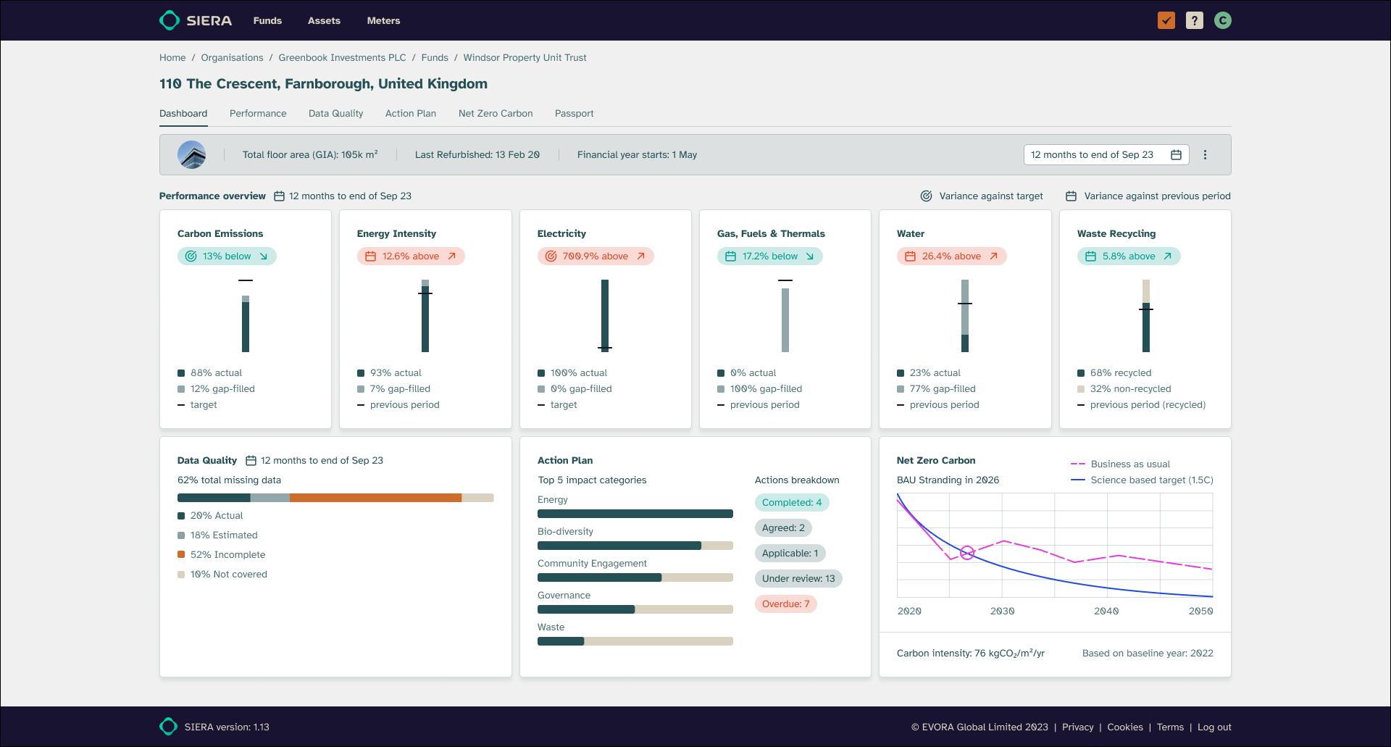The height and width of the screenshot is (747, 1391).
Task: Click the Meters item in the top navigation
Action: tap(383, 20)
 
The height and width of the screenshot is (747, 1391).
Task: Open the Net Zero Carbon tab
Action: tap(496, 113)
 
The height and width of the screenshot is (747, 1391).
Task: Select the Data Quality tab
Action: tap(335, 113)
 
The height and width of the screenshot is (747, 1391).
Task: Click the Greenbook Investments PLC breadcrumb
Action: tap(342, 57)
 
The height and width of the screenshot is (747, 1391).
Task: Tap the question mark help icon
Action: tap(1194, 20)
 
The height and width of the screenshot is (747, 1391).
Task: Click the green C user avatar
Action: tap(1223, 20)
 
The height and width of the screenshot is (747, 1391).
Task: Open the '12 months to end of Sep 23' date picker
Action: tap(1106, 154)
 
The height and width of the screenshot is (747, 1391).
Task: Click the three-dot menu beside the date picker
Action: tap(1205, 154)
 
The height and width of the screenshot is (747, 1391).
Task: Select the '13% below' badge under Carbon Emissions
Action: tap(227, 256)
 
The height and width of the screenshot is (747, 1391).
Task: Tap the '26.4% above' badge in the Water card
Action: tap(951, 256)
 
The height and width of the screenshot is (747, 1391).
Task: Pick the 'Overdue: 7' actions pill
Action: tap(785, 604)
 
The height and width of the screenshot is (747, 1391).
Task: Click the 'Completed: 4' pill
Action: tap(791, 502)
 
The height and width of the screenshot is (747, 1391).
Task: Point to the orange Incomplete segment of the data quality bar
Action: tap(375, 498)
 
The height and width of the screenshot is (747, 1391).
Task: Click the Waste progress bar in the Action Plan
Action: tap(635, 641)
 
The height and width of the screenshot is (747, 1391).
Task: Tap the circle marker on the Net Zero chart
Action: tap(966, 553)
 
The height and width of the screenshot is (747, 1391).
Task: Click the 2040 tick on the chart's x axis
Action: tap(1106, 611)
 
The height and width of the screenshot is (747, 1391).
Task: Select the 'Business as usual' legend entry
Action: tap(1129, 464)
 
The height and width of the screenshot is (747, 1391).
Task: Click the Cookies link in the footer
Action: tap(1124, 727)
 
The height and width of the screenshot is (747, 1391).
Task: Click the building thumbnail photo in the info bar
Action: tap(192, 154)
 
